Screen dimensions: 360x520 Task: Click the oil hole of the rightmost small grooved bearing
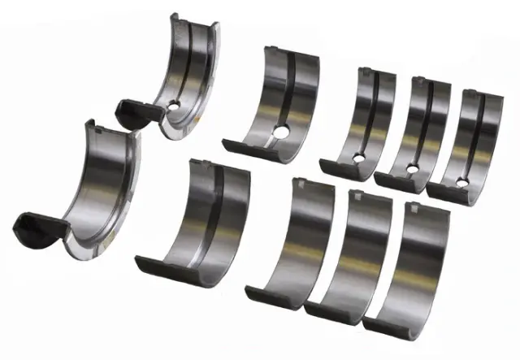pyautogui.click(x=461, y=180)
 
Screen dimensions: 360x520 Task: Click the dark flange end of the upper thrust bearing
pyautogui.click(x=130, y=110)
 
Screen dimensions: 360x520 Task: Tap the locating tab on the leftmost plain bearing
pyautogui.click(x=301, y=184)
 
